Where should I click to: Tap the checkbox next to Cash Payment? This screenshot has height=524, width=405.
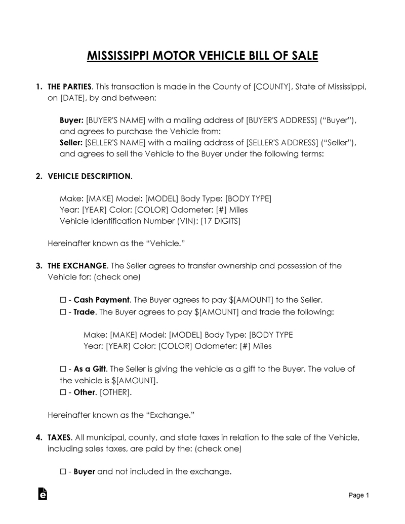[63, 300]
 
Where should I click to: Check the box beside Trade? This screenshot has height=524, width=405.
[63, 312]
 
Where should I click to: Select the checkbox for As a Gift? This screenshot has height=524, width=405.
[63, 369]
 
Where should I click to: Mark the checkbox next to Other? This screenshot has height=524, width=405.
[63, 392]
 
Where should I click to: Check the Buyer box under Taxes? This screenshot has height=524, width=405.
[63, 471]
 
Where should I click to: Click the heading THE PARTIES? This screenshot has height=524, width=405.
[70, 87]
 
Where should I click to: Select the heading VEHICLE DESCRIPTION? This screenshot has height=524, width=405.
[89, 176]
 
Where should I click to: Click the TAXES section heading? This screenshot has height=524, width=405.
[60, 437]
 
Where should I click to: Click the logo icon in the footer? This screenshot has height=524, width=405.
[43, 494]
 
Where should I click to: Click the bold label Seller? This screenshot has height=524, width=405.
[71, 143]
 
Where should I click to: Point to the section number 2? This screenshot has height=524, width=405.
[38, 176]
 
